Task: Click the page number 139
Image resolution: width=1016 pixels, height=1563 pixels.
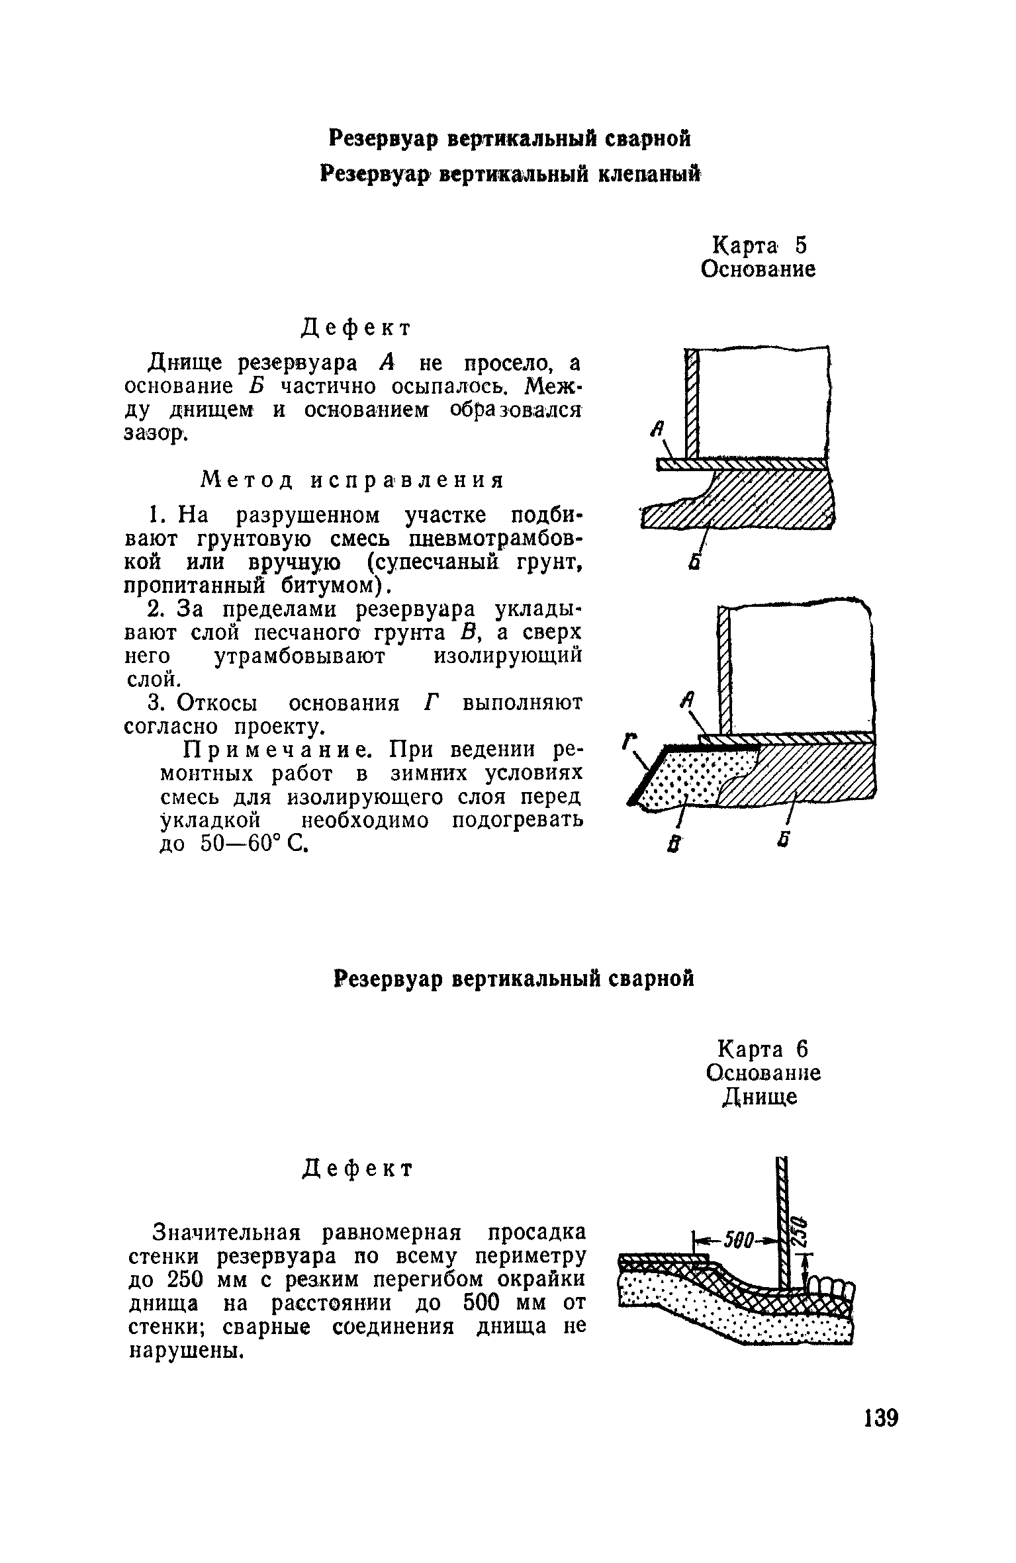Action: pos(880,1417)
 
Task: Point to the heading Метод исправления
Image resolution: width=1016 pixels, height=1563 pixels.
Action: pos(352,480)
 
